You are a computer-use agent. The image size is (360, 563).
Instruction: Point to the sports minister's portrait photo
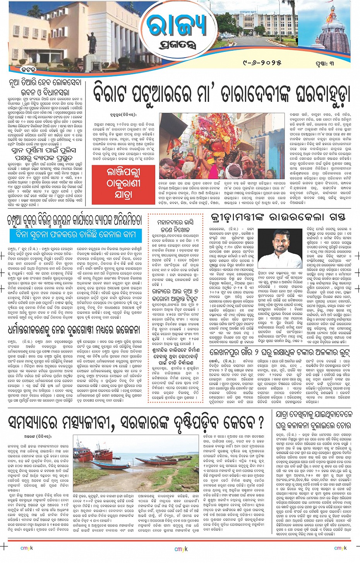click(x=285, y=248)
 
